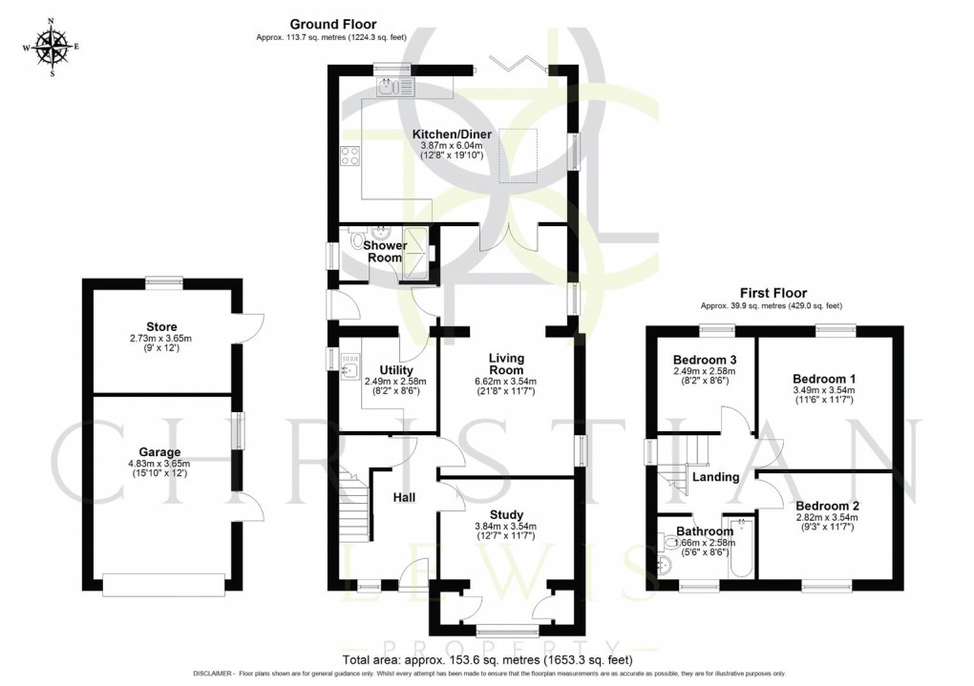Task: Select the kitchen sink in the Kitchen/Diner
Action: click(x=397, y=89)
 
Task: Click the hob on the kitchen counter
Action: click(x=349, y=155)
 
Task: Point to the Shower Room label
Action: click(x=385, y=251)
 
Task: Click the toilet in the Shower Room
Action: click(x=361, y=241)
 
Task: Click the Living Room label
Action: click(x=507, y=364)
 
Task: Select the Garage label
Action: click(x=160, y=451)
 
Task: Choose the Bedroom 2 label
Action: click(x=828, y=506)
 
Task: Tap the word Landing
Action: click(x=715, y=477)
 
